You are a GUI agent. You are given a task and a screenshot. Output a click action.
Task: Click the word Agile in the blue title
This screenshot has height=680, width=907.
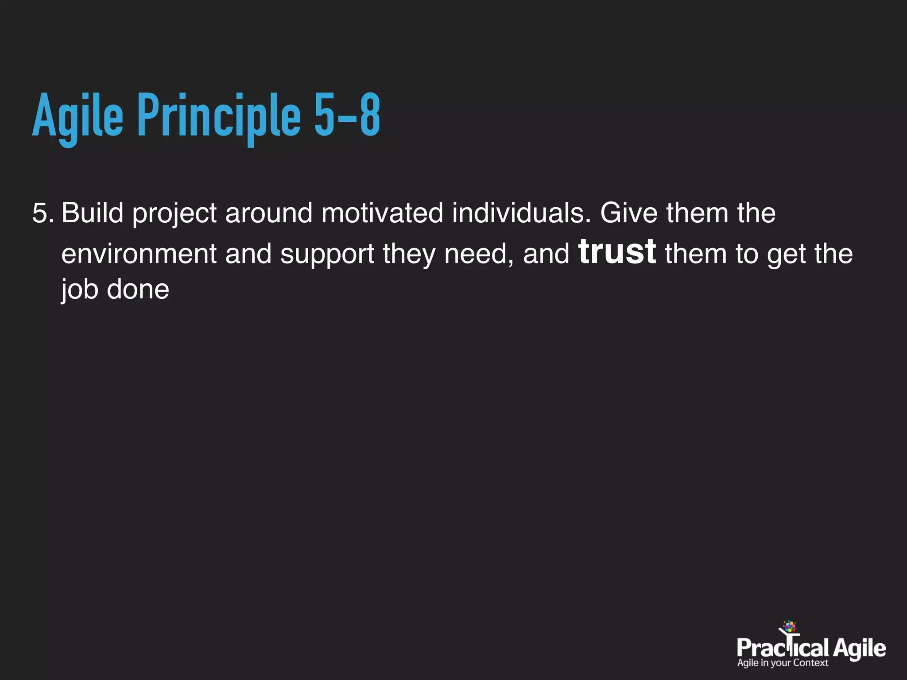(x=78, y=116)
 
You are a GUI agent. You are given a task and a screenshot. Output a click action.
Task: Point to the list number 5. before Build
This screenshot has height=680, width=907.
(x=43, y=213)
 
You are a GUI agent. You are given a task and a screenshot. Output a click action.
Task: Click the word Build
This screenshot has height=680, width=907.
(x=92, y=213)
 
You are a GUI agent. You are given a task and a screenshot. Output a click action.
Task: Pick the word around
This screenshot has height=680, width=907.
(x=269, y=213)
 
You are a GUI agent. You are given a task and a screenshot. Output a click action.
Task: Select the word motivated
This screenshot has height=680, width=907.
(x=382, y=213)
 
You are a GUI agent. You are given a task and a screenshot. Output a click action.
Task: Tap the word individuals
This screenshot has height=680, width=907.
(x=521, y=213)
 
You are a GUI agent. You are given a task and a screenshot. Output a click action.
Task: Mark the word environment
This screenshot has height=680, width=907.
(x=139, y=254)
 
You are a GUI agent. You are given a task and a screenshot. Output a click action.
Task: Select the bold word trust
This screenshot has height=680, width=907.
(x=617, y=252)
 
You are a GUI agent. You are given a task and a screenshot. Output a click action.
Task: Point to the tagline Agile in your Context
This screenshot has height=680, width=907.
(x=783, y=663)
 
